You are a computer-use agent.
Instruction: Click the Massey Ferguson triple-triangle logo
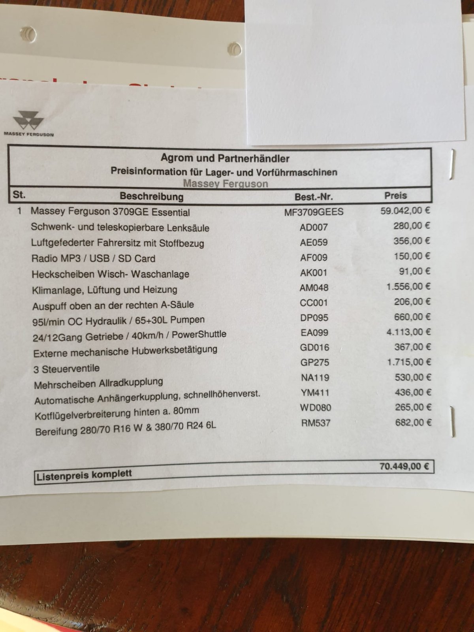pyautogui.click(x=28, y=120)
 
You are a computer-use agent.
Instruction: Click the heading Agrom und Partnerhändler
pyautogui.click(x=225, y=158)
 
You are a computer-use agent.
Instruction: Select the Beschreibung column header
pyautogui.click(x=152, y=196)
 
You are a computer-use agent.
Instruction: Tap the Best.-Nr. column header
pyautogui.click(x=314, y=196)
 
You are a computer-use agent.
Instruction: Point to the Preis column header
pyautogui.click(x=395, y=196)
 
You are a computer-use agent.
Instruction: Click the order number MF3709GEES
pyautogui.click(x=314, y=212)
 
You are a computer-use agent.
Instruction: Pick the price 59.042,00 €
pyautogui.click(x=405, y=211)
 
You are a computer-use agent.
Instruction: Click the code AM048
pyautogui.click(x=314, y=288)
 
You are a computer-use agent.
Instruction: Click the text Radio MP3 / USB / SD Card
pyautogui.click(x=93, y=259)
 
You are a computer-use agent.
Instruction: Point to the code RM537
pyautogui.click(x=316, y=423)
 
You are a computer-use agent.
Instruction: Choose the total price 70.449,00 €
pyautogui.click(x=404, y=466)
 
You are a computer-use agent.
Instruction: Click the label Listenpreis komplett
pyautogui.click(x=84, y=475)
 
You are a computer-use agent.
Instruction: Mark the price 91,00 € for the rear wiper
pyautogui.click(x=414, y=271)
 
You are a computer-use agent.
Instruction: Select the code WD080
pyautogui.click(x=316, y=408)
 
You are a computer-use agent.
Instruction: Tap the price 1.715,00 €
pyautogui.click(x=408, y=362)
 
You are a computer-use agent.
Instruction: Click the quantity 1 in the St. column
pyautogui.click(x=19, y=211)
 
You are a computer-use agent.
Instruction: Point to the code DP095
pyautogui.click(x=314, y=318)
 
